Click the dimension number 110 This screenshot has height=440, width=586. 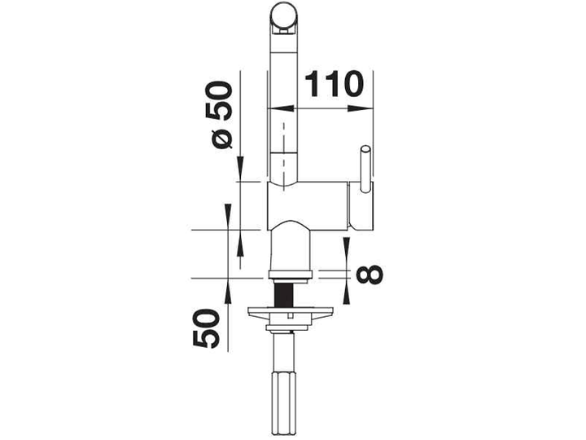335,84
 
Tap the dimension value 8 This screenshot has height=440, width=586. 370,275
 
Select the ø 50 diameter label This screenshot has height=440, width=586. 220,115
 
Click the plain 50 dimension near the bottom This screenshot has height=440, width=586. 206,328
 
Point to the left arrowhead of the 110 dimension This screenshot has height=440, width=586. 281,108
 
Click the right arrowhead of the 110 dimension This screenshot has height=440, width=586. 361,108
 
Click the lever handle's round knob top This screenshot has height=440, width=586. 365,149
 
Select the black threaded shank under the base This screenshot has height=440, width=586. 284,294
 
